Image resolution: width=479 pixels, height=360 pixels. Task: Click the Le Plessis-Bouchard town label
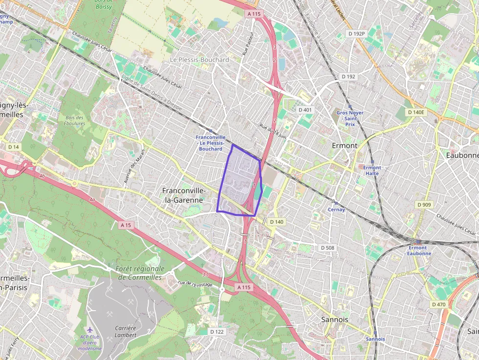coord(199,60)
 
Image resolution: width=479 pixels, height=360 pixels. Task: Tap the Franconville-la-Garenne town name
coord(183,195)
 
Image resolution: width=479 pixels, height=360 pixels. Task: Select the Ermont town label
coord(345,146)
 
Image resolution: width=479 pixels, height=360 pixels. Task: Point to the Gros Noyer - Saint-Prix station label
coord(350,118)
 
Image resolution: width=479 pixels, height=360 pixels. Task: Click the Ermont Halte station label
coord(372,170)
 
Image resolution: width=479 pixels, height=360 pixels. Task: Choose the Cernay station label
coord(336,210)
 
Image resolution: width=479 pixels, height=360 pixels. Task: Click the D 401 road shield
coord(305,110)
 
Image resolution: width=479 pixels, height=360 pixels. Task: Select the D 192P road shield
coord(356,34)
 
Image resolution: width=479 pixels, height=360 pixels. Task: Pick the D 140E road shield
coord(416,112)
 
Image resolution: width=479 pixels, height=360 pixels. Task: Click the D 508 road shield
coord(327,248)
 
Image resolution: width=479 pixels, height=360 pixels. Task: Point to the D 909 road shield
coord(424,204)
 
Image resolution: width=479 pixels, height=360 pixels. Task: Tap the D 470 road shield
coord(439,304)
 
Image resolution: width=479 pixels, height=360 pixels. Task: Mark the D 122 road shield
coord(217,332)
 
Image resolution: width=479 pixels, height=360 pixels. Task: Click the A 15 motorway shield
coord(126,225)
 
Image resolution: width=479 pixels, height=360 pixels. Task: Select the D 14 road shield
coord(13,147)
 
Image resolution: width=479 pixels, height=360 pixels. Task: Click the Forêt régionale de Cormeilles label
coord(141,273)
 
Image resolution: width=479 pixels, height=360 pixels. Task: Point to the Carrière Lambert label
coord(126,331)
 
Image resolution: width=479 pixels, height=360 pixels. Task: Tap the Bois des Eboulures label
coord(74,120)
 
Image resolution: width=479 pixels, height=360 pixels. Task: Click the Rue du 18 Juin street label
coord(273,131)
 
